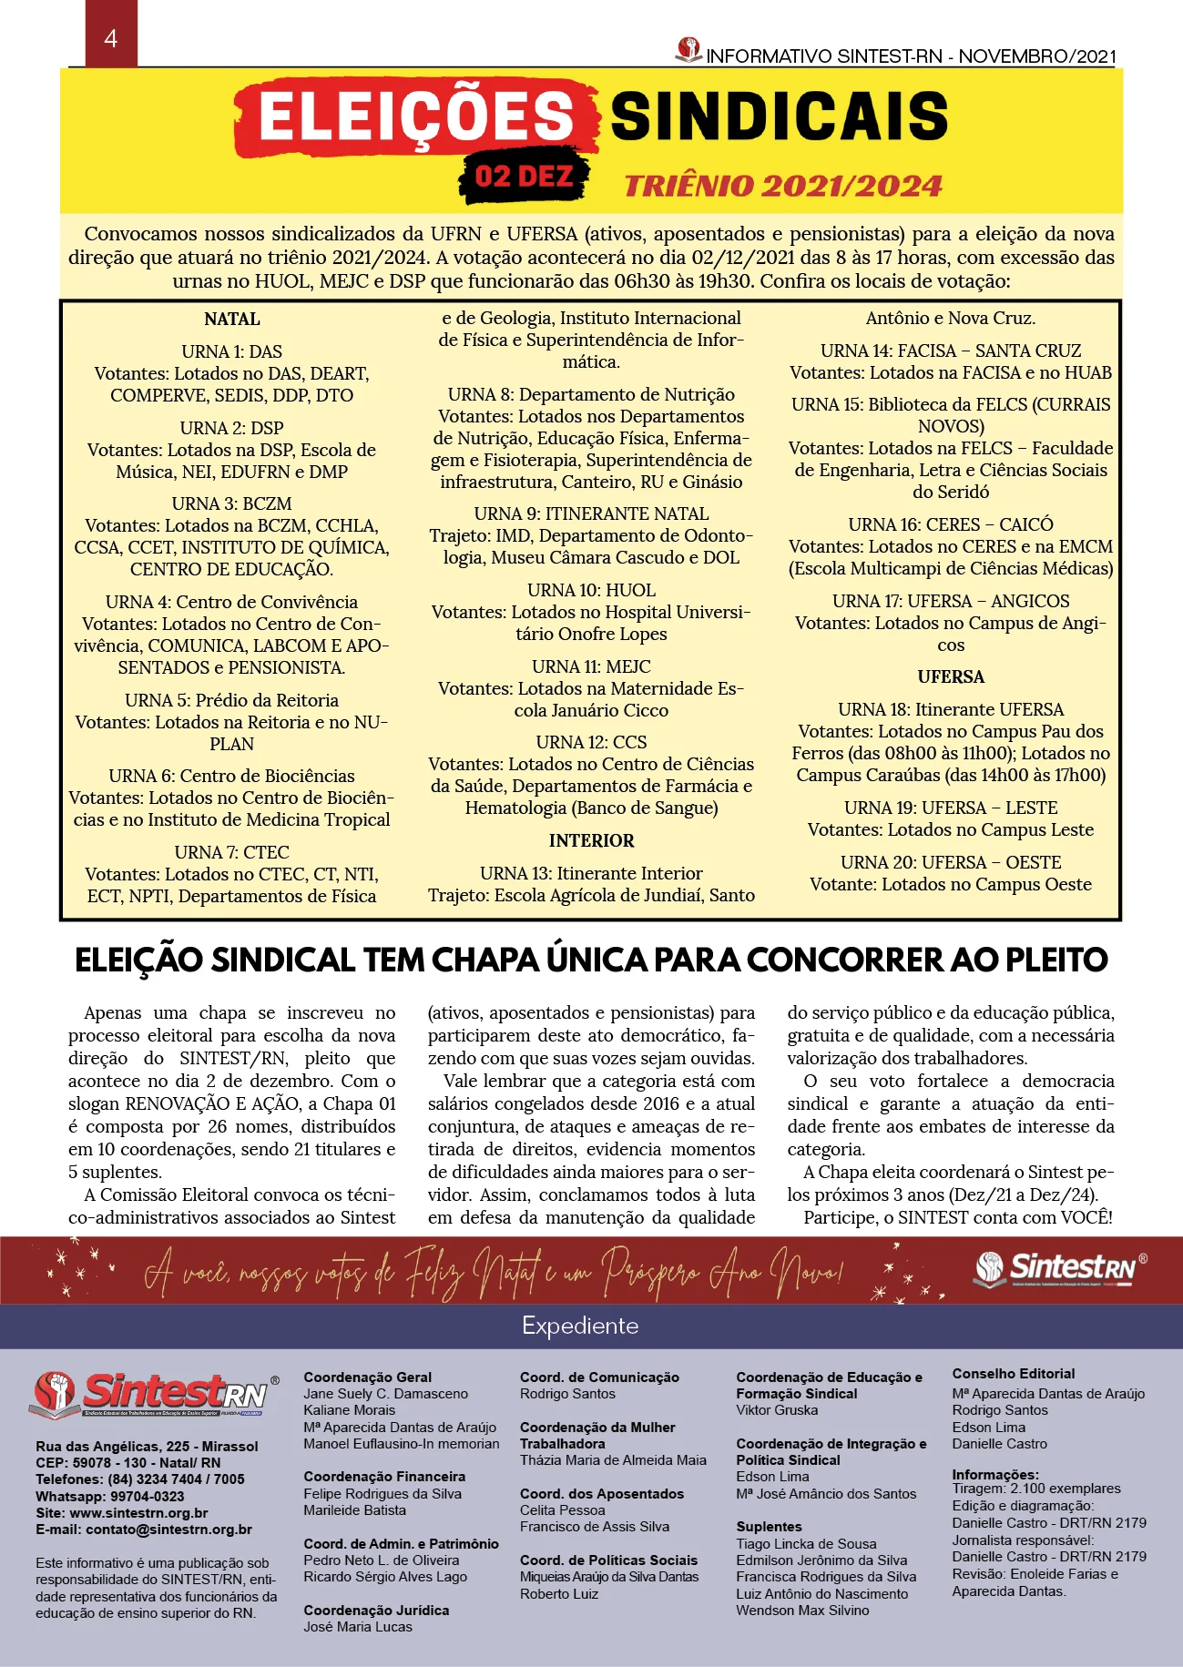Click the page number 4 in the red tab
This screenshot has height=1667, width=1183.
pos(111,38)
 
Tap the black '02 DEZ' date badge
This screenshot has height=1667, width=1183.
pos(525,176)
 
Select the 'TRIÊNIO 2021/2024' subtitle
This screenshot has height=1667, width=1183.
pos(783,186)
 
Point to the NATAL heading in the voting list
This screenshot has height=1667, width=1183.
pos(232,320)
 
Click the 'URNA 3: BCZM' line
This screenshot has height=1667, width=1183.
pos(232,504)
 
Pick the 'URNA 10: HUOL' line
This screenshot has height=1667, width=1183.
pos(591,591)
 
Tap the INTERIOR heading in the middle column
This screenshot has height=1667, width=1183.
pos(591,841)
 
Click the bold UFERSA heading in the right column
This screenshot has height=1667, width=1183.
pos(951,677)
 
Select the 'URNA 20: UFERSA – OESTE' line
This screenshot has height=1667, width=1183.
pos(951,863)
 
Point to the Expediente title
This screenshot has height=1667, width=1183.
pos(580,1326)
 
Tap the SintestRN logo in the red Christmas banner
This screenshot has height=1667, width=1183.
pos(1060,1269)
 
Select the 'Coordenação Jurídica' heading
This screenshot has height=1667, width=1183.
pos(376,1611)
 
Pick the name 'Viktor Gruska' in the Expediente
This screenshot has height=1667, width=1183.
pos(777,1410)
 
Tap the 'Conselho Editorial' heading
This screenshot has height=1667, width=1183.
pos(1014,1374)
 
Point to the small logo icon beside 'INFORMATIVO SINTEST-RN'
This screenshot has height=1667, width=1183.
pos(688,49)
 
